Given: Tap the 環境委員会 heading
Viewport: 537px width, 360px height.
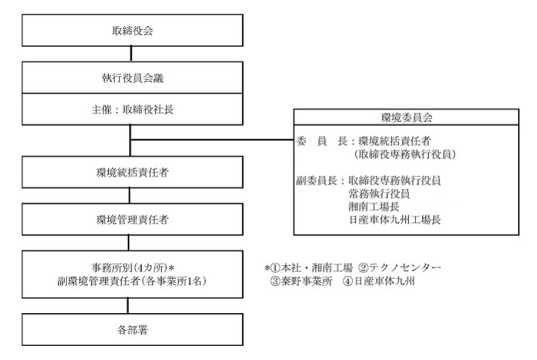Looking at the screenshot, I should pos(407,117).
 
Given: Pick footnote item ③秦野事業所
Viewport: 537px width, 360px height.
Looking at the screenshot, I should pos(299,281).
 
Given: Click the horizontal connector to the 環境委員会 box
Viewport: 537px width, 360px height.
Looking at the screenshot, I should pos(211,140).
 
